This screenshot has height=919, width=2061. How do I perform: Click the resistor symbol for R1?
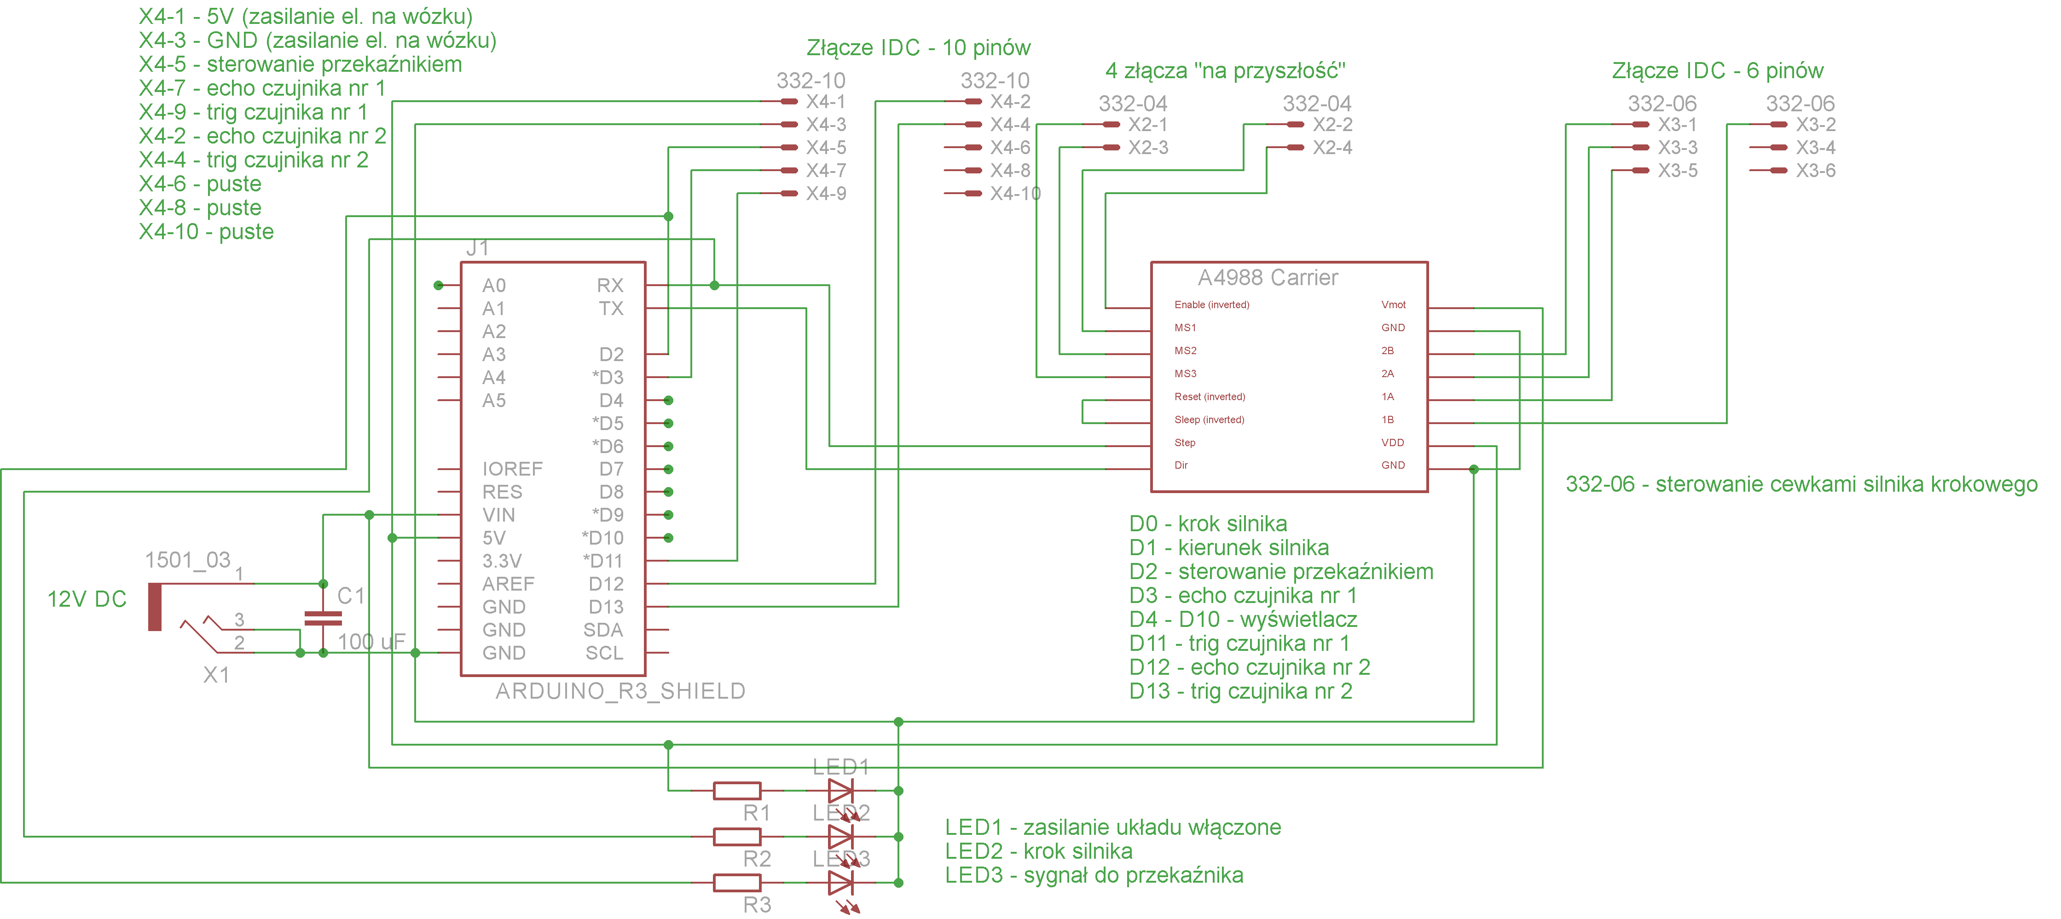[x=736, y=790]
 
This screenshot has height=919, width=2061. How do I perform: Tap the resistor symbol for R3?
[x=736, y=882]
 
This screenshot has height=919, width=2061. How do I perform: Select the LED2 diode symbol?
[x=840, y=837]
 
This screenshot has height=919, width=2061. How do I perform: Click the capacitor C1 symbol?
[x=323, y=617]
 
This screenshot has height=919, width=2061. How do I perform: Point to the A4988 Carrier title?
[x=1268, y=277]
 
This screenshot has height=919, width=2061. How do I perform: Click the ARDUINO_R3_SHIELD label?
[x=620, y=691]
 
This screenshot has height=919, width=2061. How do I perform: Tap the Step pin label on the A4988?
[x=1185, y=442]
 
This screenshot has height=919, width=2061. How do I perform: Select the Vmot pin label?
[x=1393, y=305]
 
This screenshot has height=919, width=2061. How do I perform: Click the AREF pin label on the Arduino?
[x=508, y=584]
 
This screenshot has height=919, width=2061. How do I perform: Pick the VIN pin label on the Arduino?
[x=498, y=515]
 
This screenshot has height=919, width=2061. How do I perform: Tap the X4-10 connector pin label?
[x=1014, y=194]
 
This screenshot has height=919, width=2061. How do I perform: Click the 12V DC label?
[x=87, y=599]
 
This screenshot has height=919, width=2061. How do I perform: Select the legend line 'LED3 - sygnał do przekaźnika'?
[x=1094, y=875]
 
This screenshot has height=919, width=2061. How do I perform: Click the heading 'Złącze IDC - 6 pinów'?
[x=1717, y=70]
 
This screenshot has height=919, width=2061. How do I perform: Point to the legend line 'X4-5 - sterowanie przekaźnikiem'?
[x=300, y=64]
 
